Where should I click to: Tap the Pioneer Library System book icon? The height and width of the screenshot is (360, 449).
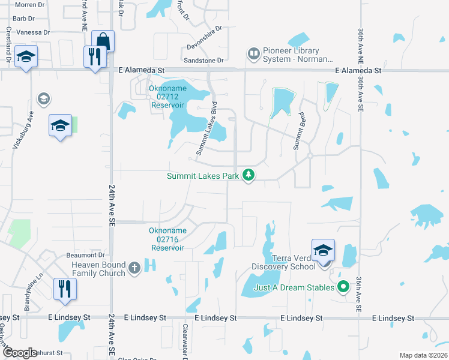253,55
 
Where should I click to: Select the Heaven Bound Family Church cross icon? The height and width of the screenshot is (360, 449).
134,268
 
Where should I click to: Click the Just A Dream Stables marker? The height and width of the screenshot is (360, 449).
343,287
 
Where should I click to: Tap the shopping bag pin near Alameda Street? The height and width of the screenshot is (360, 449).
103,41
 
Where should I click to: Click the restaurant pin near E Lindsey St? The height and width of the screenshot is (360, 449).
64,289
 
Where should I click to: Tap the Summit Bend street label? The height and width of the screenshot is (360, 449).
298,131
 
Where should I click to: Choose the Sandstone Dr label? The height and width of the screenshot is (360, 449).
204,61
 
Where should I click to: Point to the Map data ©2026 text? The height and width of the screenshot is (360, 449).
423,355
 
